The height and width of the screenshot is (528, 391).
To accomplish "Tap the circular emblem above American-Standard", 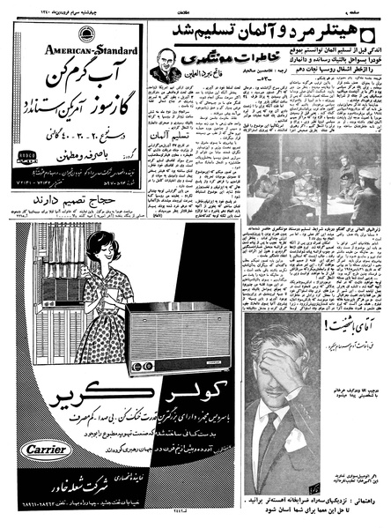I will pyautogui.click(x=85, y=34).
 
